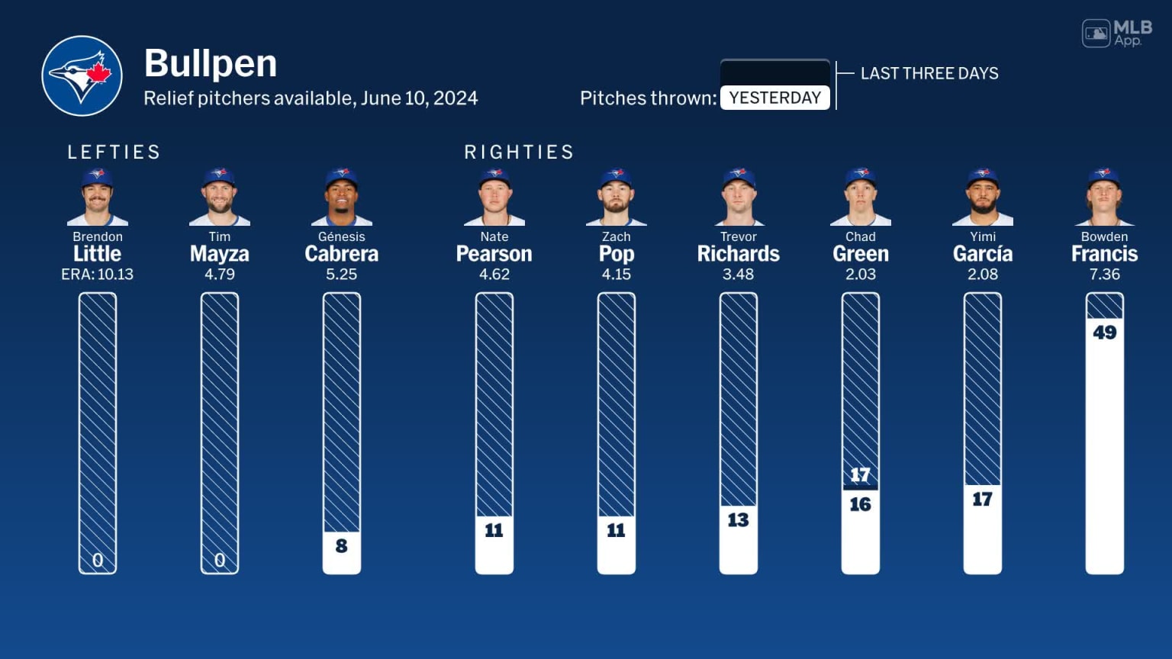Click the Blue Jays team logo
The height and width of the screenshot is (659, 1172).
(x=82, y=76)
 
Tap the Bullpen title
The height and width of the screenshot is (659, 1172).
(x=210, y=63)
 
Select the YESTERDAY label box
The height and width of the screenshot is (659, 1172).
(x=774, y=98)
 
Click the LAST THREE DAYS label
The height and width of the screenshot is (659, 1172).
(x=929, y=73)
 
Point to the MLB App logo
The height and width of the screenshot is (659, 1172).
(x=1117, y=34)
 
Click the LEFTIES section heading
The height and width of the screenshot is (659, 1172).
(x=114, y=152)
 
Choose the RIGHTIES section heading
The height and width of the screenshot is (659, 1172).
(x=519, y=152)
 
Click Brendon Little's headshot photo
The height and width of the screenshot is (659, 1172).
(x=98, y=197)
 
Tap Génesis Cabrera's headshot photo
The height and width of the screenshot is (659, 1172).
(x=341, y=197)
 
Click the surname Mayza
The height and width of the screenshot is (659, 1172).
(x=219, y=254)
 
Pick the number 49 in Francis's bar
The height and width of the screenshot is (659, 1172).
(x=1104, y=333)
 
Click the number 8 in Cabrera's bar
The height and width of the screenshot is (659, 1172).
(x=341, y=546)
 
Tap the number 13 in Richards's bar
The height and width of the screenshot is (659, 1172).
(x=738, y=520)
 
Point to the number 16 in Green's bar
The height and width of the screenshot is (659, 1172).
(x=860, y=504)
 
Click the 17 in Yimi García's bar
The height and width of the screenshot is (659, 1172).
(x=982, y=500)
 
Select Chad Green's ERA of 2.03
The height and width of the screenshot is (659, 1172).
(x=860, y=275)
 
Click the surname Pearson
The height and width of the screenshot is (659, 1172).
(x=494, y=254)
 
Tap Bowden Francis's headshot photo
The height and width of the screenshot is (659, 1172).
(x=1104, y=197)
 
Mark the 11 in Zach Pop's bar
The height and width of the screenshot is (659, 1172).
(x=616, y=530)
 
